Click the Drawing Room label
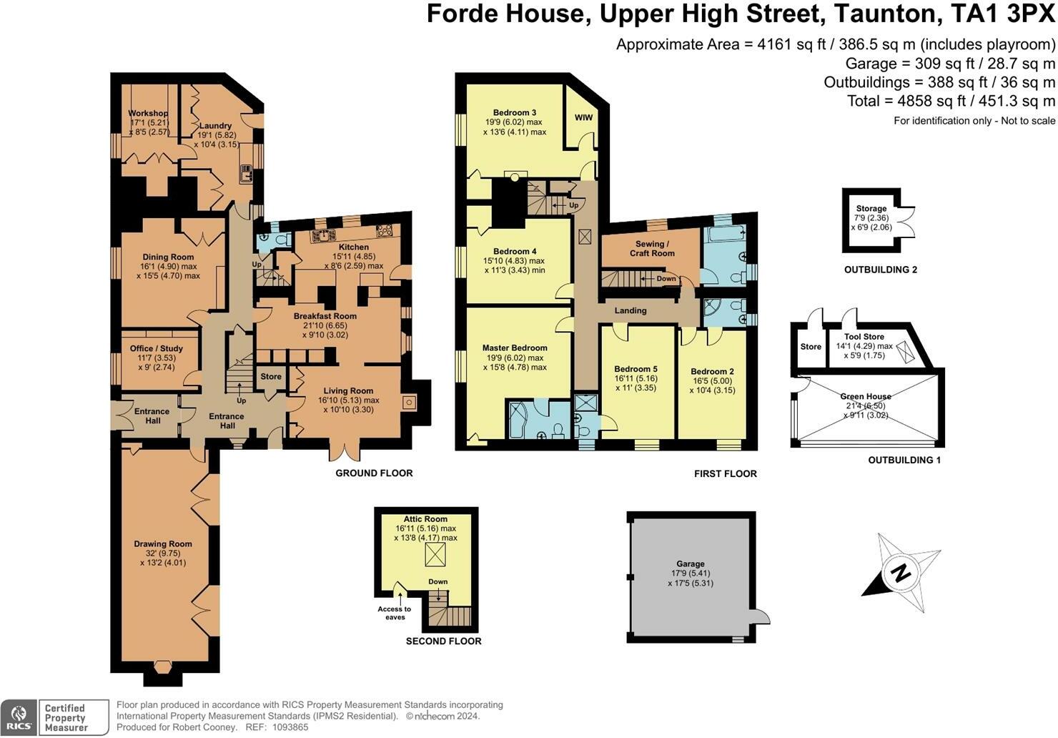(163, 544)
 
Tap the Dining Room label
(168, 257)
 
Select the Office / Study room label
(157, 349)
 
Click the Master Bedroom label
(514, 348)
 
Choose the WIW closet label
(583, 118)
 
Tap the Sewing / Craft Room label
(652, 248)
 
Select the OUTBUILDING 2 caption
(880, 270)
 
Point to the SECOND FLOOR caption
(443, 641)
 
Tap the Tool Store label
(864, 337)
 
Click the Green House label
(865, 397)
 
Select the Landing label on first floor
(630, 311)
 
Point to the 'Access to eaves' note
(395, 613)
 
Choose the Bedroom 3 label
(514, 113)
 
